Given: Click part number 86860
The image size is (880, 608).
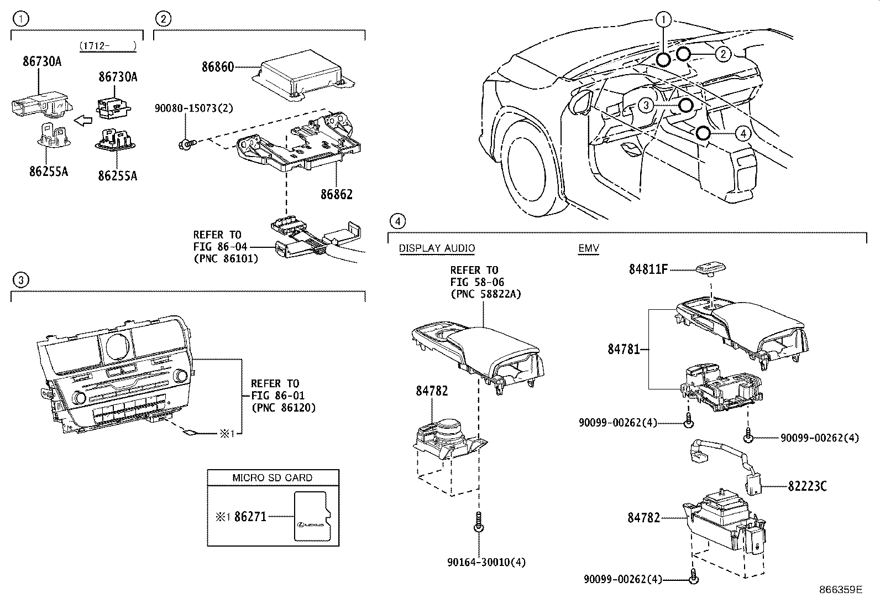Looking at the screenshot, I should (x=218, y=67).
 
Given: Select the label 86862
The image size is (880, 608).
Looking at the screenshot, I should (x=336, y=195).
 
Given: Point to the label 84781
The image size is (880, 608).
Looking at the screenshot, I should (x=624, y=349).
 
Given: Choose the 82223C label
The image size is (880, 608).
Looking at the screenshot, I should (x=807, y=486).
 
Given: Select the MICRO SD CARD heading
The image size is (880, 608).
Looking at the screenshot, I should (x=273, y=477).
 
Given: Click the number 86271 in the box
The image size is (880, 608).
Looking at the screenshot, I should (x=250, y=517).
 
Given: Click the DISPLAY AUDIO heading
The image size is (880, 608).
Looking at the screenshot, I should (x=437, y=248).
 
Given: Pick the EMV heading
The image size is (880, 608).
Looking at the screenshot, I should (x=589, y=248).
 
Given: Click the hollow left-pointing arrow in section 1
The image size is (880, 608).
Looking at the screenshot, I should (x=83, y=119).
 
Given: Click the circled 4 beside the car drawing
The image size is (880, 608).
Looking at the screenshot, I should (x=742, y=133).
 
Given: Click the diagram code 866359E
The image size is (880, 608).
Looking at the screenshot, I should (x=841, y=590).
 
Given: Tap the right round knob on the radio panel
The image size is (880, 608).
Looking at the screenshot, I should (x=180, y=376).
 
